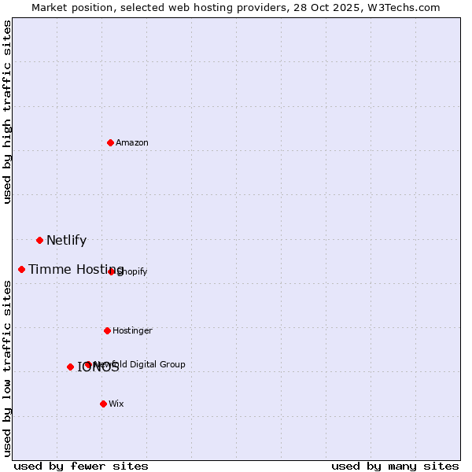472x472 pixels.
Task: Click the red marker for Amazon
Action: point(110,142)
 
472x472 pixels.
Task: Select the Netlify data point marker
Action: point(39,240)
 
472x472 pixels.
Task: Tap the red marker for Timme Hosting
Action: point(21,269)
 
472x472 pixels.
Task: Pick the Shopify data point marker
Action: point(111,271)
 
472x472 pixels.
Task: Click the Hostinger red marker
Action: point(107,330)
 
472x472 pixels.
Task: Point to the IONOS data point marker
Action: point(70,367)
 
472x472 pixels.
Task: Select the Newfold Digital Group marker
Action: point(87,364)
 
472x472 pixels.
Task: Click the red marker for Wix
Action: point(103,404)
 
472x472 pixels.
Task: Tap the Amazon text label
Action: point(131,142)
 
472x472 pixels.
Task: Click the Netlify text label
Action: point(66,241)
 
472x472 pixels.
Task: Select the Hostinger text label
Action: point(132,330)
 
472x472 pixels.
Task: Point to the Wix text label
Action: point(116,404)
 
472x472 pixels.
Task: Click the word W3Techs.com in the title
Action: point(402,7)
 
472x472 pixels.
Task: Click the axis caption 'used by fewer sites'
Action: point(81,466)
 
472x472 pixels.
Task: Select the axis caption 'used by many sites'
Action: point(395,466)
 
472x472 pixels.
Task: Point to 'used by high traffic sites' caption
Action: point(7,112)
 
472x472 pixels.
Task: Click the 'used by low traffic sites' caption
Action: point(7,369)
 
